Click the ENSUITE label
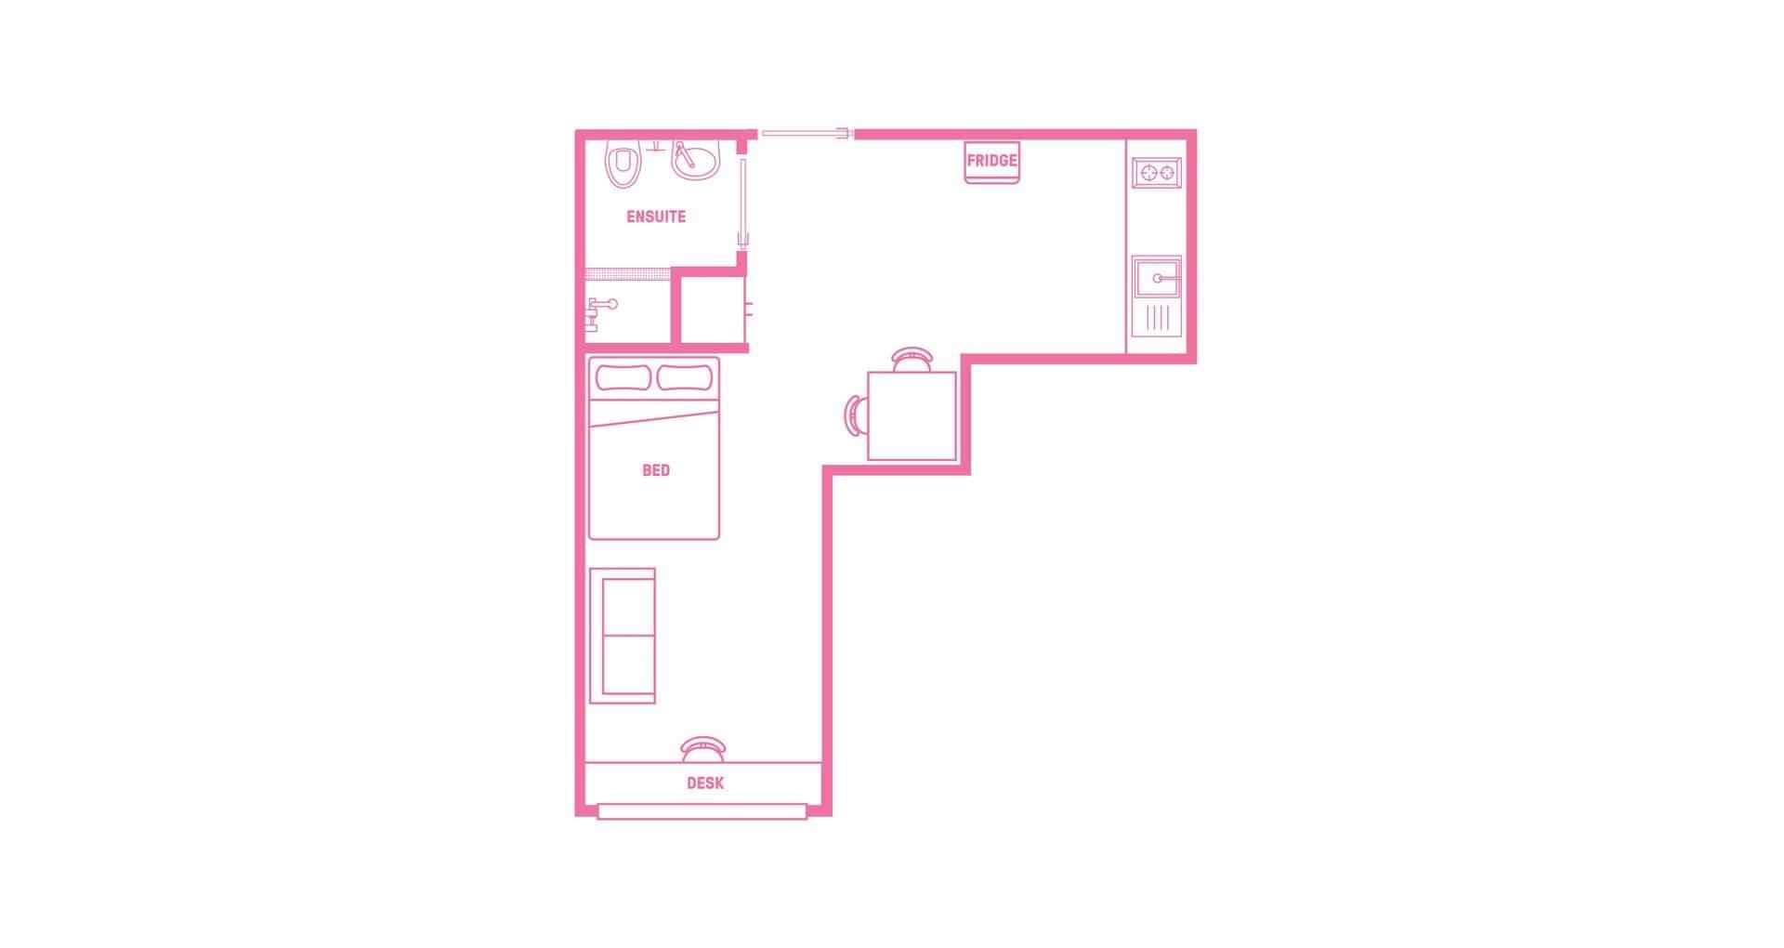[656, 217]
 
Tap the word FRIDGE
[991, 161]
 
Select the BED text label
[656, 470]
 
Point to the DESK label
[705, 783]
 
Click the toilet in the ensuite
[623, 165]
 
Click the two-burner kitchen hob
[1157, 172]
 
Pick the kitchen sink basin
[1157, 277]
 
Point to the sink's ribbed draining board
[1157, 318]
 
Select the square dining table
[912, 415]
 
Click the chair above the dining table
[912, 359]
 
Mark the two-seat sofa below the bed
[623, 636]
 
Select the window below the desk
[702, 812]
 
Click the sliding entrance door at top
[807, 134]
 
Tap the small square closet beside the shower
[712, 309]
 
